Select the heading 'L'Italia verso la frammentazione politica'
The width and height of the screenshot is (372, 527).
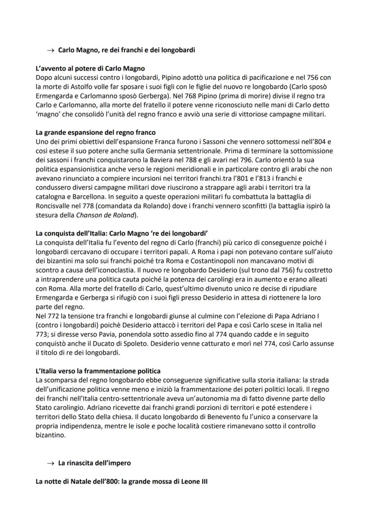click(x=98, y=371)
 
